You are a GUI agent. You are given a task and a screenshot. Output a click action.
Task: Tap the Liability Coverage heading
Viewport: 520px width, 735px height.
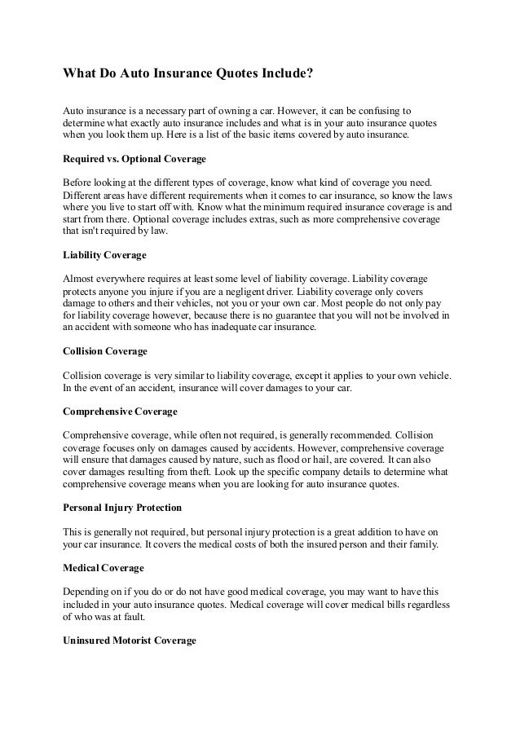tap(104, 255)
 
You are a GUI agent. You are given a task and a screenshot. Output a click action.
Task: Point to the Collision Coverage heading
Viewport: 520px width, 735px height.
tap(105, 351)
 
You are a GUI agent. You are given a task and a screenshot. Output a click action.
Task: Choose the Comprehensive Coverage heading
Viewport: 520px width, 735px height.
tap(120, 412)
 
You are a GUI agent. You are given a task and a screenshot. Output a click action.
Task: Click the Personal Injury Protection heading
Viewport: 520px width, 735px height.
tap(122, 507)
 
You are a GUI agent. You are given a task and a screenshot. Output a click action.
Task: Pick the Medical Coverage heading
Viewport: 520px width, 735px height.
tap(103, 567)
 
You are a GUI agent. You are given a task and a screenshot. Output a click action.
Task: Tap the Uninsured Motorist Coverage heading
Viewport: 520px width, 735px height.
tap(130, 640)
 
